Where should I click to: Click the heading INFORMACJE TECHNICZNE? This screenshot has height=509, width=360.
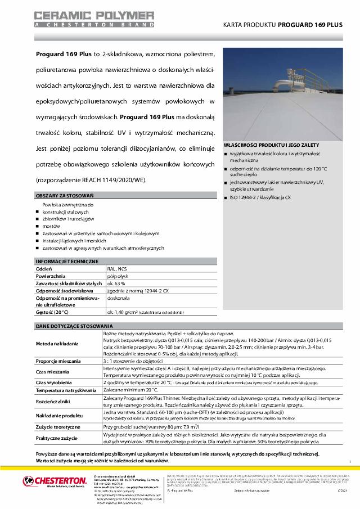[67, 262]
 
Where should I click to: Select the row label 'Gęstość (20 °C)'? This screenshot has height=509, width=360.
[52, 311]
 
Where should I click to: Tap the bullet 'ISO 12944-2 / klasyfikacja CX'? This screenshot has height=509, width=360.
[260, 199]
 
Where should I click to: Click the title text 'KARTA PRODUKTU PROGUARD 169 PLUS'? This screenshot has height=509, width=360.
[283, 26]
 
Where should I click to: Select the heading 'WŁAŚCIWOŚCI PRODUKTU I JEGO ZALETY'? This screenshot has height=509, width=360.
[271, 145]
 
